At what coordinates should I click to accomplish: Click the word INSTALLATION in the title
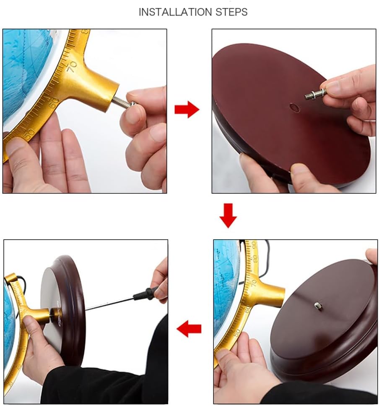pyautogui.click(x=171, y=12)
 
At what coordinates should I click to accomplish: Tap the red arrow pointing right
pyautogui.click(x=187, y=110)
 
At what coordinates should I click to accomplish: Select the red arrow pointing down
pyautogui.click(x=228, y=215)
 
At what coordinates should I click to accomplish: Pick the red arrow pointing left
pyautogui.click(x=189, y=329)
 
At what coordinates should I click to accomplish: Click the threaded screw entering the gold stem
pyautogui.click(x=122, y=102)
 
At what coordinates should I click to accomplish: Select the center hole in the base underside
pyautogui.click(x=294, y=107)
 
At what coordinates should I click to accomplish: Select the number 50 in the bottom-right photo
pyautogui.click(x=237, y=333)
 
